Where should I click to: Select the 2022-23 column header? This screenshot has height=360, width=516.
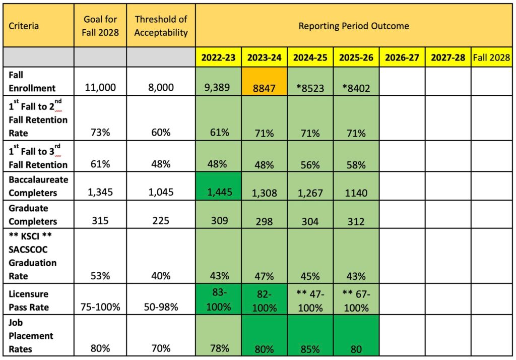(218, 57)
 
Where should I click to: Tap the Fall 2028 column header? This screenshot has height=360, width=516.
(492, 57)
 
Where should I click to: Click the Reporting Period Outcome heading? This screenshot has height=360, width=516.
(354, 26)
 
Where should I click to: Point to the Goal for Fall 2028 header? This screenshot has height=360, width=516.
(100, 26)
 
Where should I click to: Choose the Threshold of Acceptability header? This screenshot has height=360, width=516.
(161, 26)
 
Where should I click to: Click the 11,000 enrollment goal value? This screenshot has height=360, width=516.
(100, 88)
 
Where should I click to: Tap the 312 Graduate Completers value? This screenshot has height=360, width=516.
(356, 221)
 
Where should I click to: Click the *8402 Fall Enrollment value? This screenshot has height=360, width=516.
(356, 88)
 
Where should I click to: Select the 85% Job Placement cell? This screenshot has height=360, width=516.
(310, 348)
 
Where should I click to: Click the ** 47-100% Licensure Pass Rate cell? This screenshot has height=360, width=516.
(310, 301)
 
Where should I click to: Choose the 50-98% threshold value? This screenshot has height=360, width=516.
(161, 307)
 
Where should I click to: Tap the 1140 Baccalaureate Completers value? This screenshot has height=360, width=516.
(356, 193)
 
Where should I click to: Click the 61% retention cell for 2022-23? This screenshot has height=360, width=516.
(218, 133)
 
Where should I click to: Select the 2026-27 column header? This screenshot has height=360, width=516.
(402, 57)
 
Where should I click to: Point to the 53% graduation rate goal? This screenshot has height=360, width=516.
(100, 276)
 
